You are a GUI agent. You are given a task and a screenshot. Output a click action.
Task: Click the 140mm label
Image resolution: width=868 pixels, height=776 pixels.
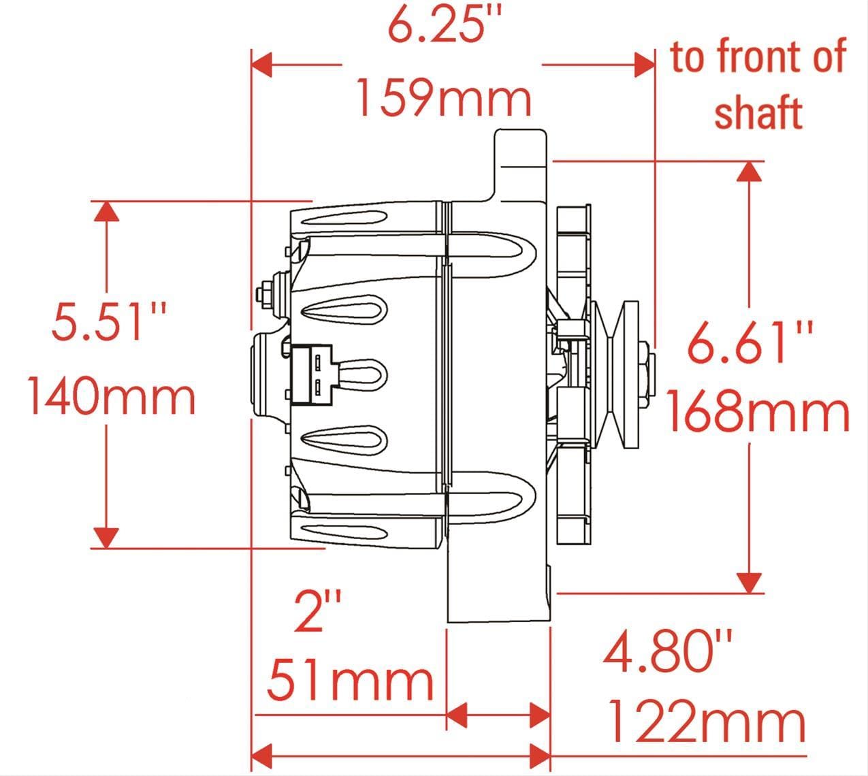tap(112, 397)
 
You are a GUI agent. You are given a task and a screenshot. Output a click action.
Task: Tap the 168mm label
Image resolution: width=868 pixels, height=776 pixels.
tap(756, 413)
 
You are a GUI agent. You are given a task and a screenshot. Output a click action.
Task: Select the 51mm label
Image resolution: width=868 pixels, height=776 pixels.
tap(350, 680)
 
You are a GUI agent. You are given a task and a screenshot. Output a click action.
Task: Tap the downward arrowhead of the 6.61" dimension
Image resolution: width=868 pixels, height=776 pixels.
tap(750, 583)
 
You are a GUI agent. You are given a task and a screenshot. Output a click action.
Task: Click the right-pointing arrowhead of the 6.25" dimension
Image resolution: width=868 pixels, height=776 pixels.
tap(643, 65)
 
